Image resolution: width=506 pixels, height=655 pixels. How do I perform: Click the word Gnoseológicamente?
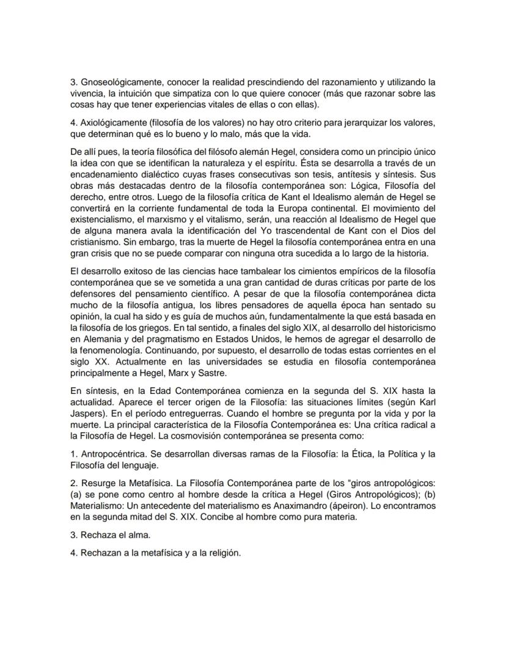[120, 82]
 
